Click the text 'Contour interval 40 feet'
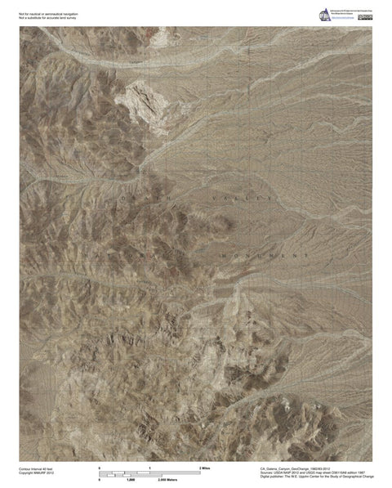click(37, 468)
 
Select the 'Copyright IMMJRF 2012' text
click(36, 472)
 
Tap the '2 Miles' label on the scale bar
click(206, 467)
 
